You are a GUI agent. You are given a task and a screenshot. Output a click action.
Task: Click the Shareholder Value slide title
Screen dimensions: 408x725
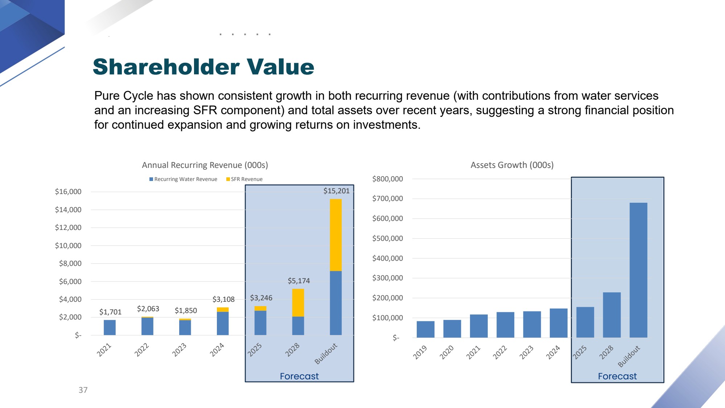click(203, 67)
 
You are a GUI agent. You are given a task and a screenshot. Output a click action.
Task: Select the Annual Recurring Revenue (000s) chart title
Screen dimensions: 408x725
click(205, 165)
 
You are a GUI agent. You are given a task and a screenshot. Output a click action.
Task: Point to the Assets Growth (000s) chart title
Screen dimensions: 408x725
click(512, 165)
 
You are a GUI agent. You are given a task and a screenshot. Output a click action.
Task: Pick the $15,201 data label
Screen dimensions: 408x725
click(336, 191)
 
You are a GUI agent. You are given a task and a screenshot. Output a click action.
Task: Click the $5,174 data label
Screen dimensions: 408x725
click(298, 281)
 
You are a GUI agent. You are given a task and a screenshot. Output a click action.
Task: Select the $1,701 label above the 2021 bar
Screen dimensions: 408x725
click(110, 312)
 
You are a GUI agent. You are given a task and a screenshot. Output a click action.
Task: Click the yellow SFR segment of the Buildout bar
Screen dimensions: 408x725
click(335, 235)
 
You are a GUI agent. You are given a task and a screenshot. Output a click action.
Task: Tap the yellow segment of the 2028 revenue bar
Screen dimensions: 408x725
click(298, 302)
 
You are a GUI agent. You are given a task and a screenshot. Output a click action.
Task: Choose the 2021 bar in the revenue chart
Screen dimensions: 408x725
click(110, 327)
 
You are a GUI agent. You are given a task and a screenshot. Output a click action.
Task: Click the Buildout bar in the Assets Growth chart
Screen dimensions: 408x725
click(638, 270)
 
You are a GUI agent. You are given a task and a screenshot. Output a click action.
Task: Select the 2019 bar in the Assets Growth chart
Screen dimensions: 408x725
click(425, 329)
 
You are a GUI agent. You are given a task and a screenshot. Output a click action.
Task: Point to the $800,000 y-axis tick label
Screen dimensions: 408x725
click(387, 179)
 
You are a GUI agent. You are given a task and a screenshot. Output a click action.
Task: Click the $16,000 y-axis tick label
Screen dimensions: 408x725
click(68, 191)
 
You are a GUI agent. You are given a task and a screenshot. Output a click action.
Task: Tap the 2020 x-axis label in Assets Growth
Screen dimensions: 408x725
click(446, 352)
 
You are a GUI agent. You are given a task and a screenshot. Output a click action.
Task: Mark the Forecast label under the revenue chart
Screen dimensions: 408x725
click(299, 376)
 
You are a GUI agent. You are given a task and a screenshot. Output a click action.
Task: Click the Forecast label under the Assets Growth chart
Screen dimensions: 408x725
click(617, 376)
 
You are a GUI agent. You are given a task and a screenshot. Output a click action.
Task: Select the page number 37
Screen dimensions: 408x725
click(83, 390)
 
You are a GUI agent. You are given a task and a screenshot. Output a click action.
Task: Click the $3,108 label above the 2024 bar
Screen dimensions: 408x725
click(223, 299)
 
